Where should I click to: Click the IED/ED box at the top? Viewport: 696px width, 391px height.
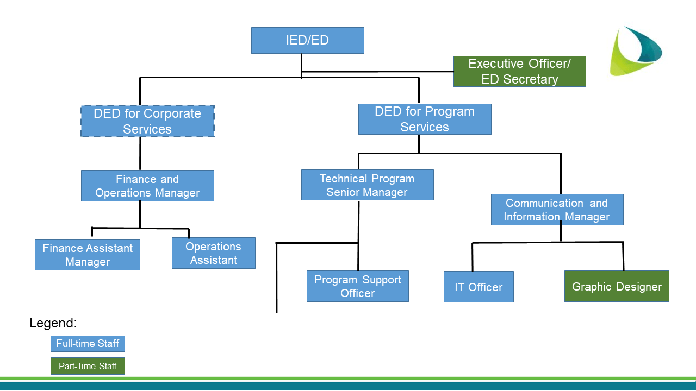307,41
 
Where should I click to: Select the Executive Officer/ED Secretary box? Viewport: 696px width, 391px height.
520,72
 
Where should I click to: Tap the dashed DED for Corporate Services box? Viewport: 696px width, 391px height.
147,121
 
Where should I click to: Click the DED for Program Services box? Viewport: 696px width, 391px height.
424,119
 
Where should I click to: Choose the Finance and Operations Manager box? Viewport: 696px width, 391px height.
147,186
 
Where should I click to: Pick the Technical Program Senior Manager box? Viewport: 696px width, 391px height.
367,185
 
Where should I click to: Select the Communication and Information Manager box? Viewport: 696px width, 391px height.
557,210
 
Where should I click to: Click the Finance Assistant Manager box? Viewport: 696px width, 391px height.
88,255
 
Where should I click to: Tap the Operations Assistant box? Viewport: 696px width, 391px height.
213,253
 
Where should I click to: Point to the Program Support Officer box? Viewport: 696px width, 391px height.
357,286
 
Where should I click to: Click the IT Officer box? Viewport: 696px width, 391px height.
478,287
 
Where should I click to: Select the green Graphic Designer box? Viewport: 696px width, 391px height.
617,286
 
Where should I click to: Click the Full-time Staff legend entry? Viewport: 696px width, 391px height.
88,344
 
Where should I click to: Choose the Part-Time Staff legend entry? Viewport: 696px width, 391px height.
88,366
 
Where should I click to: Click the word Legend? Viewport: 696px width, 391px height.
53,324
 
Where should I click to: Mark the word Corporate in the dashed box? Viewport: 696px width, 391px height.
172,113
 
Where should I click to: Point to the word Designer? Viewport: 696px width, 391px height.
639,287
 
